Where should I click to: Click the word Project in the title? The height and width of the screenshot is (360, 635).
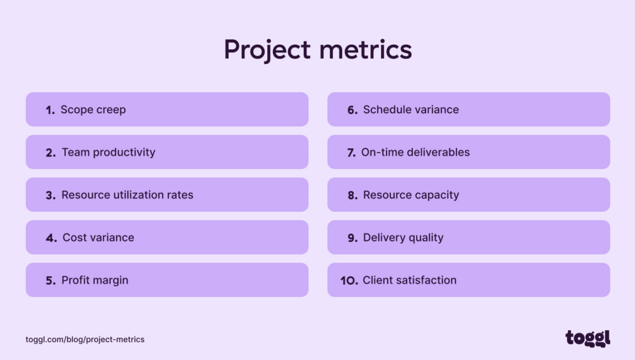[x=267, y=50]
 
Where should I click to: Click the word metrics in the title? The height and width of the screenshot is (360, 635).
[x=365, y=50]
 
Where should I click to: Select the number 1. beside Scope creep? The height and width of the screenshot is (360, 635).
[x=50, y=110]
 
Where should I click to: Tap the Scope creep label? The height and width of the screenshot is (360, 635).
[x=93, y=110]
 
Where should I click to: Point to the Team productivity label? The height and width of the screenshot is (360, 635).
[x=109, y=153]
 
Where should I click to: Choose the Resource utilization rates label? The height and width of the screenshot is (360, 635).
[x=127, y=195]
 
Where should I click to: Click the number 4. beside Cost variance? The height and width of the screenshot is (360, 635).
[x=51, y=238]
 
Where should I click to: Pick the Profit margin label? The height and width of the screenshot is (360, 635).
[x=95, y=281]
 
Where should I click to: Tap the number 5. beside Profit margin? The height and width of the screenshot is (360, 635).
[x=51, y=281]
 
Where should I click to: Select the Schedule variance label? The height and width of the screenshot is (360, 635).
[x=411, y=110]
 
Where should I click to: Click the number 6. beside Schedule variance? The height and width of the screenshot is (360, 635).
[x=353, y=110]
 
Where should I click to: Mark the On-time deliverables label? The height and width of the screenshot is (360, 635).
[x=416, y=153]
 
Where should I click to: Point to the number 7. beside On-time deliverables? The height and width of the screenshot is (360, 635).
[x=351, y=153]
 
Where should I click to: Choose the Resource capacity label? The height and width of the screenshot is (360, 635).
[x=411, y=195]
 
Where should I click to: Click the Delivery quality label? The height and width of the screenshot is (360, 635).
[x=403, y=238]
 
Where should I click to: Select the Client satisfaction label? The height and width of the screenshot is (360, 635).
[x=410, y=281]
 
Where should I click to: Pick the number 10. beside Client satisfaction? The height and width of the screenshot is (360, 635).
[x=349, y=281]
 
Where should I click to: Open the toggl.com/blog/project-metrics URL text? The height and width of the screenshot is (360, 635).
[x=85, y=340]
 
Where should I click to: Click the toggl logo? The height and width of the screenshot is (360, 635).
[x=588, y=338]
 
